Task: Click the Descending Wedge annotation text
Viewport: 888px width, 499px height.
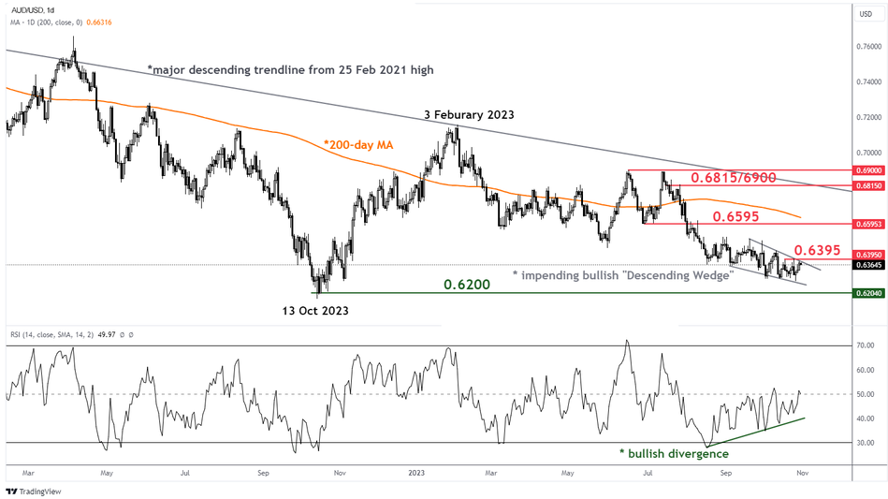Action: click(x=622, y=275)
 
